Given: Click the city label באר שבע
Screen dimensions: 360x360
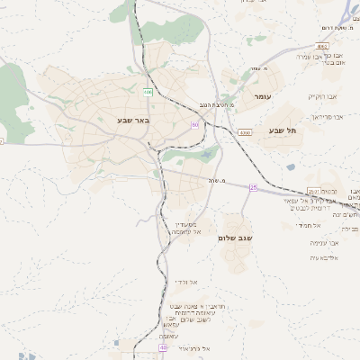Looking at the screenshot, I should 132,120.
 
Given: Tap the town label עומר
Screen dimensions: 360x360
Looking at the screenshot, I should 263,95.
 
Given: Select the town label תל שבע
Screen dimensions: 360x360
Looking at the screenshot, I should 282,130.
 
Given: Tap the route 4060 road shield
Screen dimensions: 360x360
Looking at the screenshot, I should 245,132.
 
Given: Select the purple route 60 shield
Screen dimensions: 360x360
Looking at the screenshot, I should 195,125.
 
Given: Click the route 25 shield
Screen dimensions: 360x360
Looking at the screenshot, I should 254,187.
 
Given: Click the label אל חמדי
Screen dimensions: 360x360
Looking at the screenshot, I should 310,225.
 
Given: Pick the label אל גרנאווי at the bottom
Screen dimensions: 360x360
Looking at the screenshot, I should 193,347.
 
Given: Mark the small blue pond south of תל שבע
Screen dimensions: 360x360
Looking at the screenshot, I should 291,166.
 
